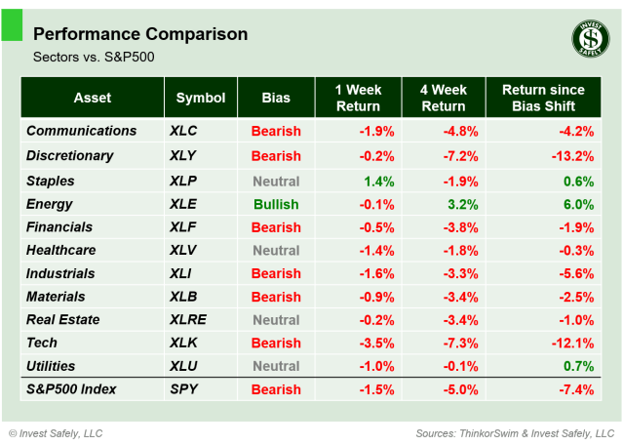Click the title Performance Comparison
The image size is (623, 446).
click(x=140, y=34)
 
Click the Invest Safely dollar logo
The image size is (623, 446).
click(x=589, y=38)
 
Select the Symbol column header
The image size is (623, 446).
click(x=201, y=98)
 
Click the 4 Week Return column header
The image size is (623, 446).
click(x=443, y=98)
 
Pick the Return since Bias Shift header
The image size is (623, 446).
click(x=545, y=98)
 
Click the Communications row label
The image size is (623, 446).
click(x=82, y=131)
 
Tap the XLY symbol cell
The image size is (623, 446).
click(x=184, y=155)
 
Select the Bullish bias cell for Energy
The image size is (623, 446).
click(x=276, y=204)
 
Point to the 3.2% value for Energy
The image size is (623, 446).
click(x=463, y=204)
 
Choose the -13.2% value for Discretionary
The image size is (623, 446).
click(x=571, y=155)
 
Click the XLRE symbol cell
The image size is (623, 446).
click(x=188, y=319)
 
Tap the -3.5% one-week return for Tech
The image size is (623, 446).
click(x=375, y=343)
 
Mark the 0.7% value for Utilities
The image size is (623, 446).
click(x=578, y=366)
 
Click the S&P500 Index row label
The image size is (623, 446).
click(x=71, y=389)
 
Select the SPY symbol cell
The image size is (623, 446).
click(x=183, y=389)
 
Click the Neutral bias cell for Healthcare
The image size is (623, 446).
click(x=276, y=251)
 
